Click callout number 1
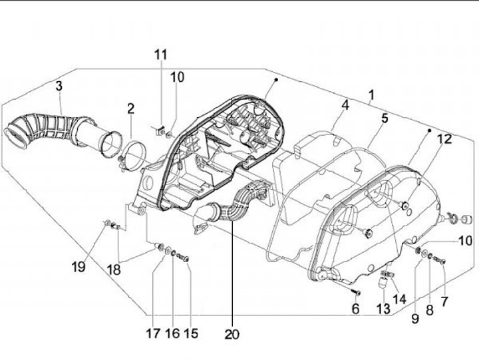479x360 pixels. tap(371, 96)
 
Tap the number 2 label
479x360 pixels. tap(131, 108)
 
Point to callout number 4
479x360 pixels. tap(345, 105)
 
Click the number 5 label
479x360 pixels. tap(384, 119)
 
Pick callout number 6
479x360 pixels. tap(355, 309)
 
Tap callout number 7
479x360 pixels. tap(444, 301)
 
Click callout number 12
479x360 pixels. tap(444, 139)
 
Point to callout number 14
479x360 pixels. tap(399, 299)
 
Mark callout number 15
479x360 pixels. tap(191, 333)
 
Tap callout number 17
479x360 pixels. tap(153, 333)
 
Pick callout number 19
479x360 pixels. tap(79, 267)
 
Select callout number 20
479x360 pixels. tap(232, 334)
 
